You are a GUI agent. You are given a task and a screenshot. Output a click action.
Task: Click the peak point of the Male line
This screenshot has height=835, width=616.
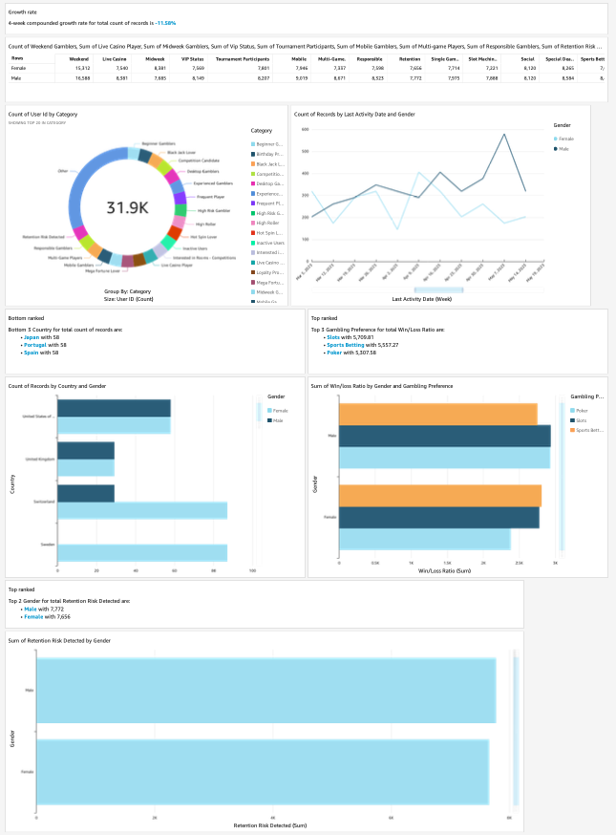click(503, 135)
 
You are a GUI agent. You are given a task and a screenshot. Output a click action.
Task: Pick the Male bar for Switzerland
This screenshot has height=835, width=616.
click(86, 494)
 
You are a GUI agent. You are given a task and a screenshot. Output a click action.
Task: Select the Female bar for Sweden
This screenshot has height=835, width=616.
click(142, 553)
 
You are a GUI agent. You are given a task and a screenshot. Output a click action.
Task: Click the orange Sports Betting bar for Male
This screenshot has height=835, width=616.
click(437, 414)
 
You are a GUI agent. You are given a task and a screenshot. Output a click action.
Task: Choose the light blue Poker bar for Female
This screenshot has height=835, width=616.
click(424, 539)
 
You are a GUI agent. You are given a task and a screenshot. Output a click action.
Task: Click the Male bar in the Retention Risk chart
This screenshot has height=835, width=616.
click(266, 691)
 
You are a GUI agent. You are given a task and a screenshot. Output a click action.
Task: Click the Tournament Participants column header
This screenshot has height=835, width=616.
click(243, 58)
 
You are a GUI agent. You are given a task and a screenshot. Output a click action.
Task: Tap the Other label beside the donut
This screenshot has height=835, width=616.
click(64, 172)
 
